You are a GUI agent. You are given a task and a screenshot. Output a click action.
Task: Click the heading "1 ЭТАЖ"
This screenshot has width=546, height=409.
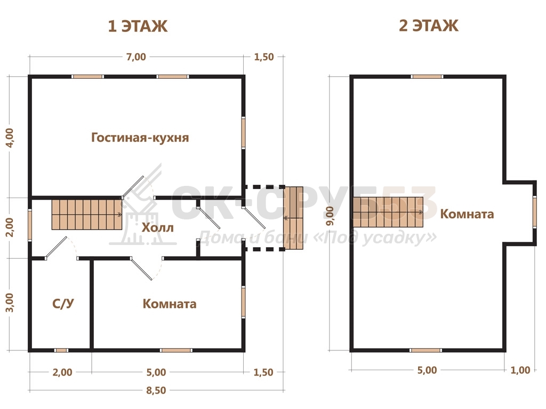(x=138, y=26)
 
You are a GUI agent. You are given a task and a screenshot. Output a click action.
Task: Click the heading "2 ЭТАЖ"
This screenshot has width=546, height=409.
(x=428, y=26)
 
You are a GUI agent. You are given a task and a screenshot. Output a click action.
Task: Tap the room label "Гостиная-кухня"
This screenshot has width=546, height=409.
(x=140, y=137)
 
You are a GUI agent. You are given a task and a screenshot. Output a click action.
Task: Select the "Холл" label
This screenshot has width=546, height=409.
(x=157, y=228)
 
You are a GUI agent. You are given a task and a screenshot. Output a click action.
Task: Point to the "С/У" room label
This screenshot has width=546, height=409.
(x=63, y=304)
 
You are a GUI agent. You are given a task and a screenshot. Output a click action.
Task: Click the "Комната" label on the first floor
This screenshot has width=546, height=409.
(x=170, y=304)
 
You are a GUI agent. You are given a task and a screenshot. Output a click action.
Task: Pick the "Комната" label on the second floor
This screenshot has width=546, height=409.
(x=467, y=214)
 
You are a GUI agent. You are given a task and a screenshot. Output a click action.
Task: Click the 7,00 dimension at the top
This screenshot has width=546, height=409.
(x=136, y=56)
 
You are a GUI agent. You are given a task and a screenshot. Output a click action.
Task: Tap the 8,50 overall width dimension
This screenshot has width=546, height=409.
(x=156, y=390)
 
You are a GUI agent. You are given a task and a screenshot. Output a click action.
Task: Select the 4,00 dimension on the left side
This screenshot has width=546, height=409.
(x=11, y=137)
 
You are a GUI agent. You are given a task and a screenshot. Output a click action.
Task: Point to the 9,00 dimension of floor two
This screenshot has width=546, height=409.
(x=330, y=216)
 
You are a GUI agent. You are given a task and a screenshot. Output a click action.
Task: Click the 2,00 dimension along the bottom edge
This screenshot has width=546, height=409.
(x=62, y=372)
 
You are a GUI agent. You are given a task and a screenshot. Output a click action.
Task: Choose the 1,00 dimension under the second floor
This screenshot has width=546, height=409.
(x=520, y=370)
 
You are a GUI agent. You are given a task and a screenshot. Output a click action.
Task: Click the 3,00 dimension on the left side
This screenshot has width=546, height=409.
(x=11, y=302)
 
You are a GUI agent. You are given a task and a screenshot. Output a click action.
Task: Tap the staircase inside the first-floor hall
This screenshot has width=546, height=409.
(x=87, y=214)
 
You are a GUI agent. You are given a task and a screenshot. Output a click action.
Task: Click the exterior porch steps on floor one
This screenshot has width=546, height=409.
(x=293, y=218)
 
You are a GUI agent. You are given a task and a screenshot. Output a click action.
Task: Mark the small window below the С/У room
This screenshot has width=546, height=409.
(x=61, y=350)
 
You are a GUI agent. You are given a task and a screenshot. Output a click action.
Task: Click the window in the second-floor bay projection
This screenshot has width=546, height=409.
(x=534, y=212)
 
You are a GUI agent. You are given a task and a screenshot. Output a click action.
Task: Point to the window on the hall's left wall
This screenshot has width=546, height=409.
(x=30, y=225)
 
